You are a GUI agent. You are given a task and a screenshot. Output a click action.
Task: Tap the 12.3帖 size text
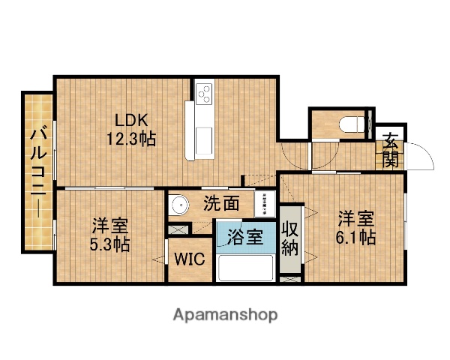[x=131, y=139]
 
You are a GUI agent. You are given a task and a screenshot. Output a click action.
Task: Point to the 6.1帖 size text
[x=355, y=238]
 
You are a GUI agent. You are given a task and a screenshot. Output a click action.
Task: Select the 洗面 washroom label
[x=222, y=202]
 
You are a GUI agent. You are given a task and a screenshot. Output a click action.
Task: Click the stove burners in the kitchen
[x=203, y=93]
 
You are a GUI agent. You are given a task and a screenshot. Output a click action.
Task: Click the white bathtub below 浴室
[x=245, y=268]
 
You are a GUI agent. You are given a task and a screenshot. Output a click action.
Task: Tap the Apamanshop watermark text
[x=226, y=313]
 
